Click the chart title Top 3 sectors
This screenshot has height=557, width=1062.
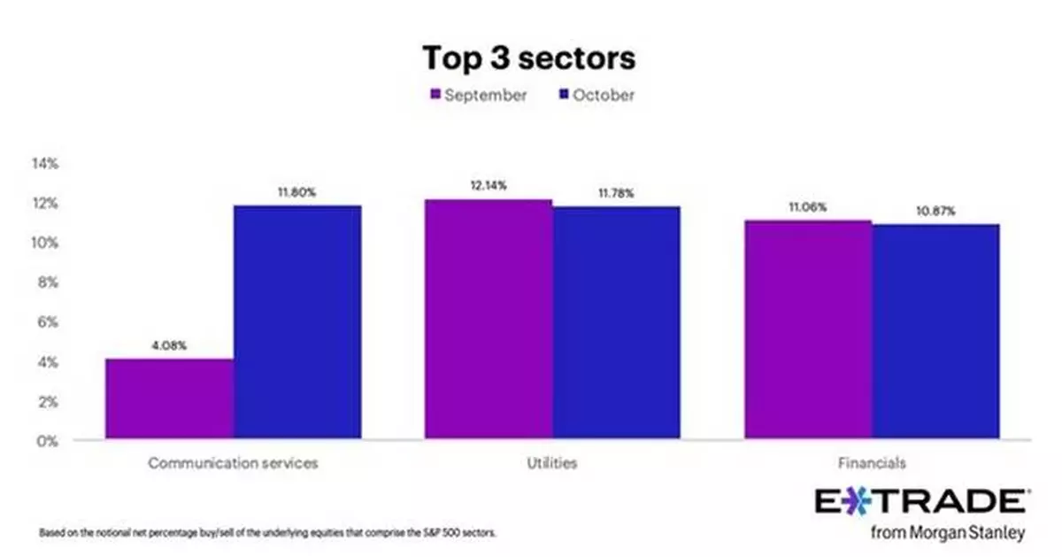pos(528,58)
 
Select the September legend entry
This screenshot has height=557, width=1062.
pos(478,95)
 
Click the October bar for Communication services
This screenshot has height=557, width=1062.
pos(297,322)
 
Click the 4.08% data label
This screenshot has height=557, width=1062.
pos(169,346)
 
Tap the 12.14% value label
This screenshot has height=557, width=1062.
pos(489,186)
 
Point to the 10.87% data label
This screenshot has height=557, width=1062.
pos(935,212)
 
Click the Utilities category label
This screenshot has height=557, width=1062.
pos(553,463)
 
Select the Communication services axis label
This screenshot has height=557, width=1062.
pos(233,463)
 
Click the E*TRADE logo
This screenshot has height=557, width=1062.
pos(920,500)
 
